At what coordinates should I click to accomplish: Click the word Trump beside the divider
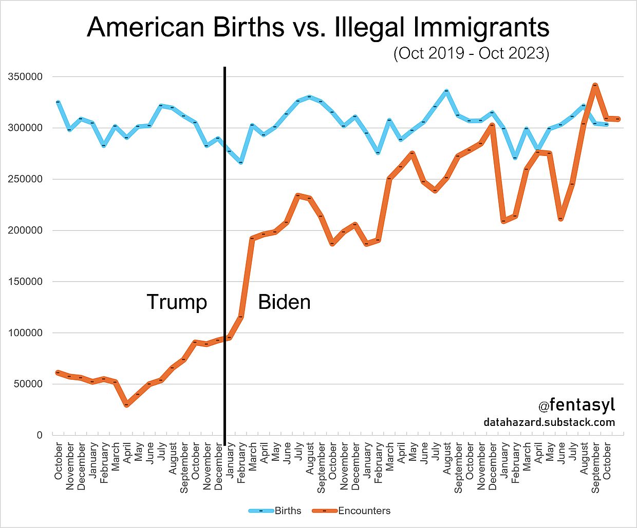177,302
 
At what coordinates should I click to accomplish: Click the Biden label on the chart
284,302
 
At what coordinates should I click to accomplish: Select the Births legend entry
288,511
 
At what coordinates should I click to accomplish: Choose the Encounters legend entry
364,511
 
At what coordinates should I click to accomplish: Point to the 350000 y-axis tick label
25,77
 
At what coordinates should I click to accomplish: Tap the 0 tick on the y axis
40,435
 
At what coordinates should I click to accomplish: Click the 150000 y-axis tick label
25,282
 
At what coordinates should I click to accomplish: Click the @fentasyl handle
576,405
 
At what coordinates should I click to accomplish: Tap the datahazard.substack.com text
549,422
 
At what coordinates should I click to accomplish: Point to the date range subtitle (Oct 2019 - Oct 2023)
471,53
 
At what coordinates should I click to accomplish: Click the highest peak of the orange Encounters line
595,85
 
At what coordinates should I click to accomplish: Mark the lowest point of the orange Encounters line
126,405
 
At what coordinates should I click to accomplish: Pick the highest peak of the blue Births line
446,91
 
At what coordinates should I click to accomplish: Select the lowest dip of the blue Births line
241,162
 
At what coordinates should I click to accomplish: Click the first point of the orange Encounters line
58,373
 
